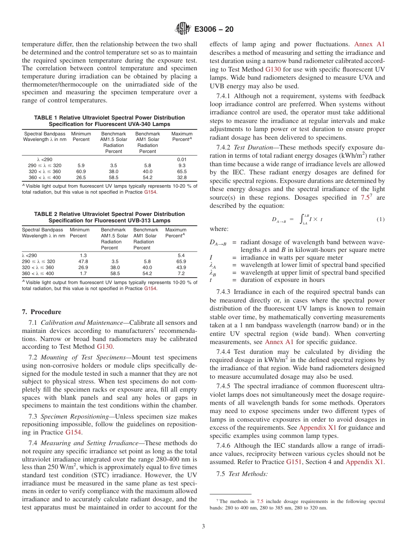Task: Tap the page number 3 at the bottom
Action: (203, 526)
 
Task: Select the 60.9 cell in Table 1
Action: (81, 171)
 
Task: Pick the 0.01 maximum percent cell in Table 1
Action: (182, 159)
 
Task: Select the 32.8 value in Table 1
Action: (182, 177)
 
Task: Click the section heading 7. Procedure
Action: (42, 312)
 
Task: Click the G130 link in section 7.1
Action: (105, 347)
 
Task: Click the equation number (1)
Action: (380, 219)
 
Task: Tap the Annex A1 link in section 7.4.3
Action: (279, 341)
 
